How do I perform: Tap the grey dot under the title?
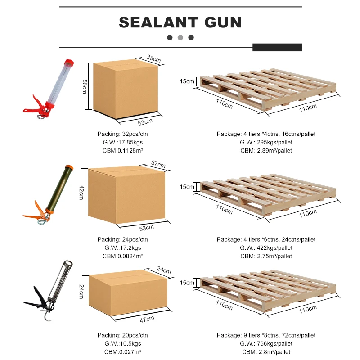pos(180,37)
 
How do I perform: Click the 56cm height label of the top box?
pos(84,86)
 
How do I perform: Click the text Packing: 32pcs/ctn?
pos(122,134)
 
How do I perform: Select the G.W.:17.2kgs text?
pos(122,248)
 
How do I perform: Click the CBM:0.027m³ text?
pos(122,351)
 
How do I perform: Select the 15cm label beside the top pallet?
pos(187,82)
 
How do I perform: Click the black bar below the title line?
pos(277,47)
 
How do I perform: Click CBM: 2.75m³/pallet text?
pos(266,256)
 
